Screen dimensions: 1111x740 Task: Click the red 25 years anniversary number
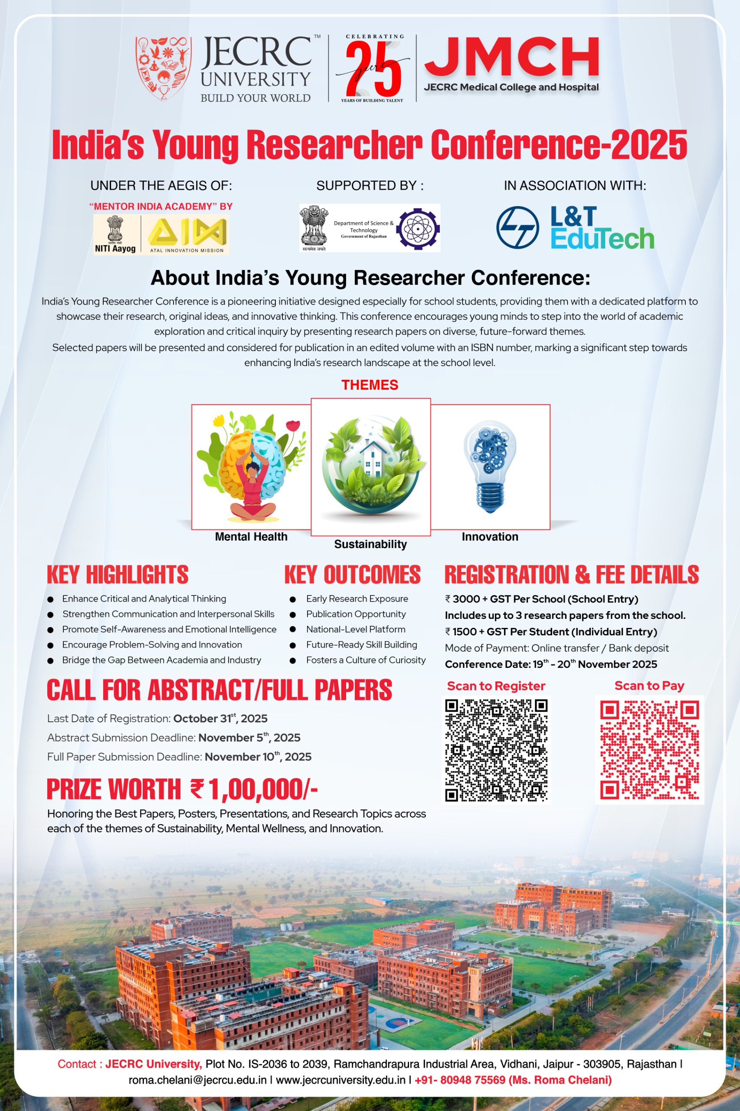click(x=373, y=69)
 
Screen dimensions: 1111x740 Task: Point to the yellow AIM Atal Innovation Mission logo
click(x=187, y=233)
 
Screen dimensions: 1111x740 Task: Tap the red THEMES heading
click(x=370, y=385)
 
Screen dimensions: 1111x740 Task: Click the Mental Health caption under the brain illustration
click(x=251, y=536)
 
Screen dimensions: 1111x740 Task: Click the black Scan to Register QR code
click(x=496, y=750)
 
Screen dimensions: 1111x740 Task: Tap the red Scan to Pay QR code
click(x=649, y=750)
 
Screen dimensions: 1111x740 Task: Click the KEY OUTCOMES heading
click(x=352, y=575)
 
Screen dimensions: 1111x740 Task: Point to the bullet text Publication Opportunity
click(x=356, y=614)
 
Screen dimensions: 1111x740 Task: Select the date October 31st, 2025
click(x=220, y=718)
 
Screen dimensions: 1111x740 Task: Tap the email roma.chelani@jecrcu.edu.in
click(x=197, y=1079)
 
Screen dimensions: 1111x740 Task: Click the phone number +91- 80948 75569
click(x=460, y=1079)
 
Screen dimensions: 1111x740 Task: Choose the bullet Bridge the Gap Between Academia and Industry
click(x=161, y=660)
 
